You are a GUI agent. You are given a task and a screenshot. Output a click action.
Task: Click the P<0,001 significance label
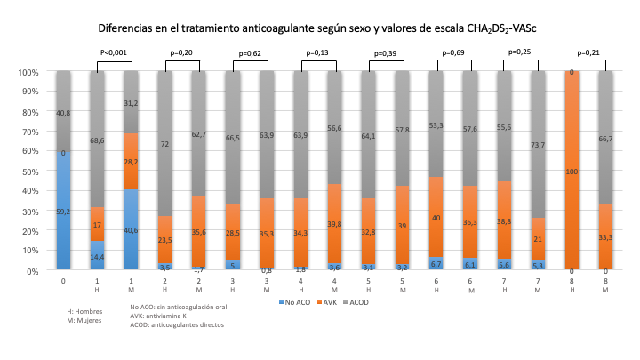click(x=113, y=53)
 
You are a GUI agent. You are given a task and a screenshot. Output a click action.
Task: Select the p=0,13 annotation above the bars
click(x=317, y=53)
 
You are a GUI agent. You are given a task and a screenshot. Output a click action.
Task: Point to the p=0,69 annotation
click(x=454, y=53)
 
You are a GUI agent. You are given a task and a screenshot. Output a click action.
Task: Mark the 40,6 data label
click(x=131, y=229)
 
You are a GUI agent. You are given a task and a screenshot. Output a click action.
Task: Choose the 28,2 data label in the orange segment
click(x=131, y=163)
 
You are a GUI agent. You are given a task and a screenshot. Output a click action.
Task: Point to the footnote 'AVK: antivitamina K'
click(x=161, y=317)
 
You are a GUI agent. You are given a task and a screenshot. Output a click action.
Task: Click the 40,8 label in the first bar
click(x=63, y=113)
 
